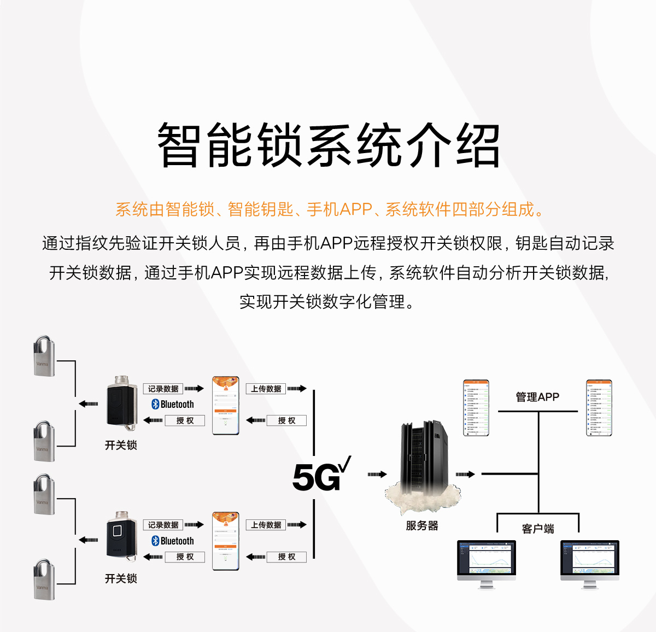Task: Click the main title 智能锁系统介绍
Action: click(328, 145)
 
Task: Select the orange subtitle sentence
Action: click(329, 209)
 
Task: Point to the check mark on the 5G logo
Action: click(345, 465)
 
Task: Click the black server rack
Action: click(424, 457)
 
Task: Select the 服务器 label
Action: click(422, 526)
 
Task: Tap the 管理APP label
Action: click(537, 397)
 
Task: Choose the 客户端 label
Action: click(538, 529)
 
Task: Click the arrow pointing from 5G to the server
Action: click(377, 475)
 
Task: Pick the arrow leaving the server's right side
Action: click(465, 475)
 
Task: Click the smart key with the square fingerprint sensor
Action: click(121, 536)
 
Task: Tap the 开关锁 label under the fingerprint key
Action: click(121, 578)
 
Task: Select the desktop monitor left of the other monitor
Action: click(486, 563)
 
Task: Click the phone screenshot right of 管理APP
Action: click(599, 408)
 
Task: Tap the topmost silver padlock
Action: click(44, 356)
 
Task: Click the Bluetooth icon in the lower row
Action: click(155, 541)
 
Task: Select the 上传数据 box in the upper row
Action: click(266, 389)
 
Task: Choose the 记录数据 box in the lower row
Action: click(163, 525)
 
